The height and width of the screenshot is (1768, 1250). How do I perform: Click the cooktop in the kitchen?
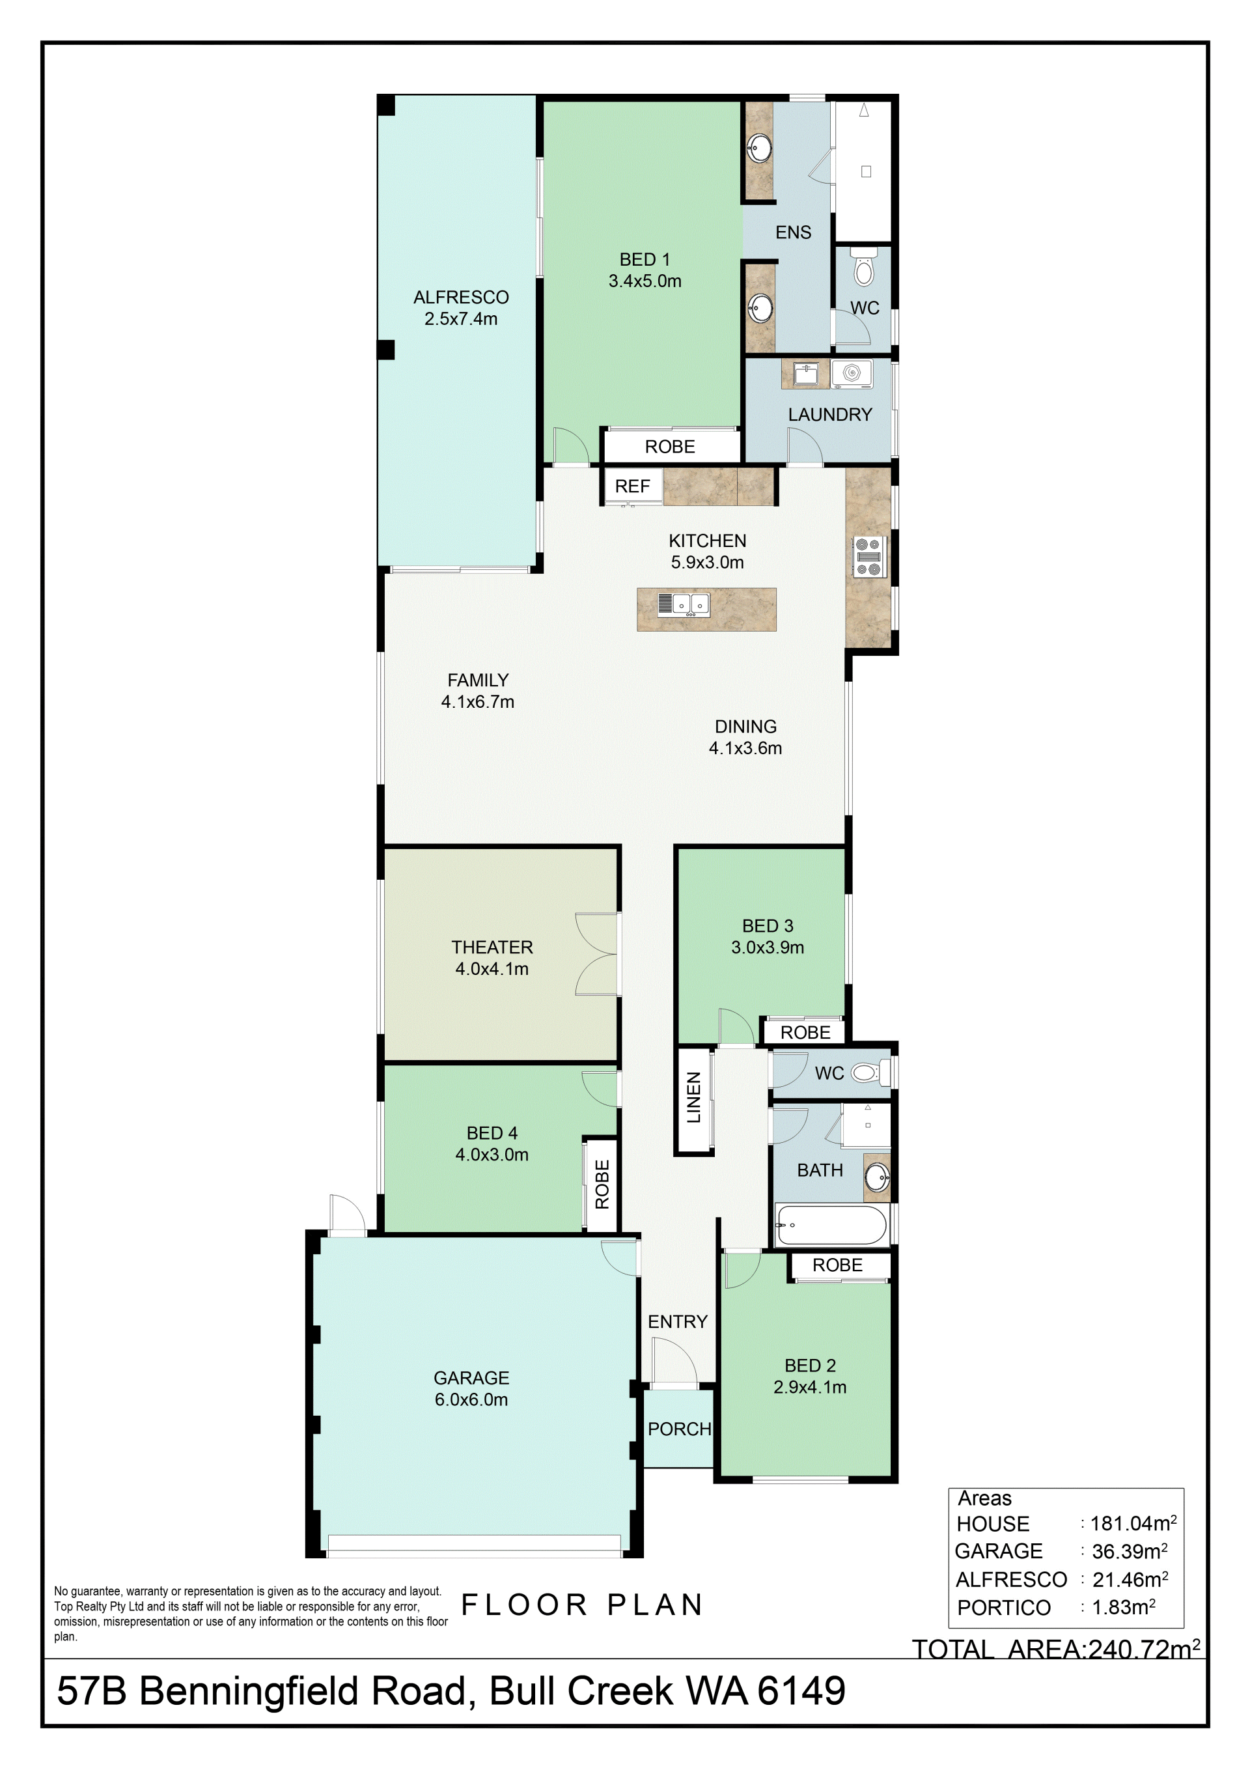pos(870,557)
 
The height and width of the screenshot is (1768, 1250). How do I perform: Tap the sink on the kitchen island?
pos(684,604)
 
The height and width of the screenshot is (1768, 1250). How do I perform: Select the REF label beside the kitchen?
pos(632,486)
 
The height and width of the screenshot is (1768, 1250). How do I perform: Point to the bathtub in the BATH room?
pos(831,1224)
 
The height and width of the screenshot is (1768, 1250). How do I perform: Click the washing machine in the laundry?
pos(852,374)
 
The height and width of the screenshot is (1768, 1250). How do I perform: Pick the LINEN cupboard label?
pos(693,1097)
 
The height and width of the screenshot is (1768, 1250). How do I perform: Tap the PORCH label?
pos(679,1429)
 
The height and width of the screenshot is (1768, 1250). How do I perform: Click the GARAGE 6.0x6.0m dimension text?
pos(471,1399)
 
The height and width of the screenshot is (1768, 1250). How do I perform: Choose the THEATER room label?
pos(492,947)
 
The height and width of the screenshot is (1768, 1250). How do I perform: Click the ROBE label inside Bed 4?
pos(602,1185)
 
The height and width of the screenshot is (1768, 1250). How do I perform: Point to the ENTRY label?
pos(677,1321)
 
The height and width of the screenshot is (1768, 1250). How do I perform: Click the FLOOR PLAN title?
pos(582,1605)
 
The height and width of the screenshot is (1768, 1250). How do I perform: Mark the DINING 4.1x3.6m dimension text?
pos(745,748)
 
